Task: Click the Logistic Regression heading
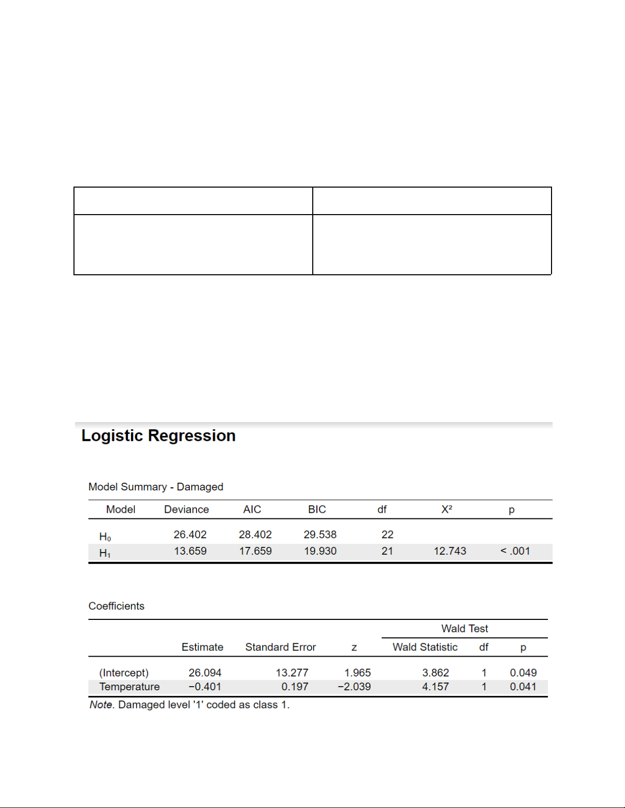158,436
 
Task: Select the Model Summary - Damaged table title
156,487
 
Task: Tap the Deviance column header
186,509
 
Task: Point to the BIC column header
317,509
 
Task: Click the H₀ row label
105,536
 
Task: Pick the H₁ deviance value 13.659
190,551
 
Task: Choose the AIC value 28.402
255,535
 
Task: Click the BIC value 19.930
320,551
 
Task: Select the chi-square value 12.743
449,551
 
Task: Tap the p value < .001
515,551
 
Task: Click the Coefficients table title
116,606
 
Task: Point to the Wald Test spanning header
464,629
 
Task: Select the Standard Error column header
280,647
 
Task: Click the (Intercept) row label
123,673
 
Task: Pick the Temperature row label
129,687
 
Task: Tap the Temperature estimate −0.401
205,687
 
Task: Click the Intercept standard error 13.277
292,673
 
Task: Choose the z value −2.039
354,687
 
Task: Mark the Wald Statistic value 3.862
435,673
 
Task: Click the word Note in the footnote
101,705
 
